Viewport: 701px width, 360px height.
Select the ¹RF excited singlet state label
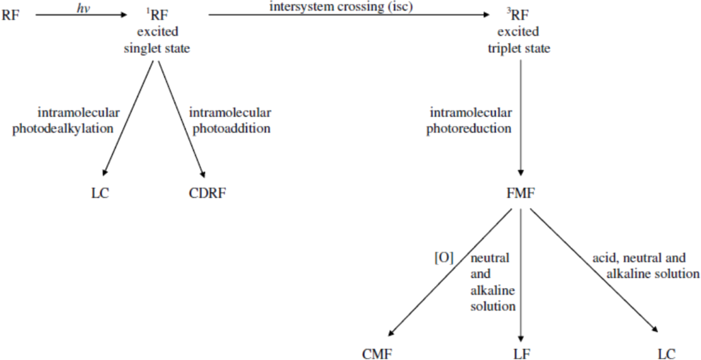pyautogui.click(x=157, y=31)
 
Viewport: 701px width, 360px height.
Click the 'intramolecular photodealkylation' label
pyautogui.click(x=63, y=120)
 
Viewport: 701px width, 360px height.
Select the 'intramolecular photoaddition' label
pyautogui.click(x=229, y=120)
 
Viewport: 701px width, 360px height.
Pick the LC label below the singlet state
pyautogui.click(x=99, y=193)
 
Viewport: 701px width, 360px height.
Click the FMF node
pyautogui.click(x=521, y=193)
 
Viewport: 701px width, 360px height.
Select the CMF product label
pyautogui.click(x=379, y=353)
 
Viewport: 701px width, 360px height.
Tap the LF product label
pyautogui.click(x=521, y=353)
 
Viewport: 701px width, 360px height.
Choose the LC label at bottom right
pyautogui.click(x=666, y=353)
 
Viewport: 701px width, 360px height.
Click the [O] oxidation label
pyautogui.click(x=444, y=258)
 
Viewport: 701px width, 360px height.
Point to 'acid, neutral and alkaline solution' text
pyautogui.click(x=645, y=266)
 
